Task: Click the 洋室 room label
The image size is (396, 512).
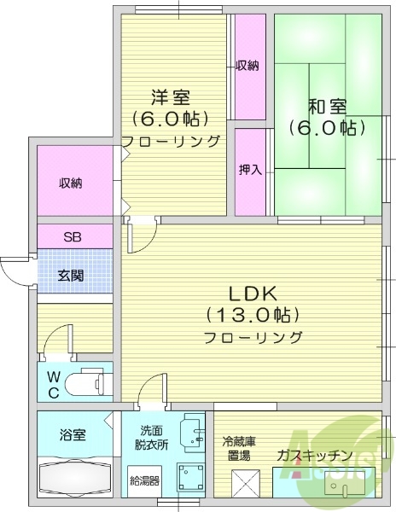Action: click(171, 96)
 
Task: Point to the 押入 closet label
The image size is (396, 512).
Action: click(250, 170)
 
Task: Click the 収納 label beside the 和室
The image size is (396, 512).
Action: click(247, 66)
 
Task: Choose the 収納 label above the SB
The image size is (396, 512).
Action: click(71, 183)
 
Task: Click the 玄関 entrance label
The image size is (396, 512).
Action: click(70, 275)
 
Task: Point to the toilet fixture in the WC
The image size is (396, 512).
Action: click(85, 381)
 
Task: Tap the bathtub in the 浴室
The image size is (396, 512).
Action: click(74, 478)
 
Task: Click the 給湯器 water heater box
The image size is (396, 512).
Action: click(143, 480)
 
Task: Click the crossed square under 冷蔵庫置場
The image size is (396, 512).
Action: click(245, 487)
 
